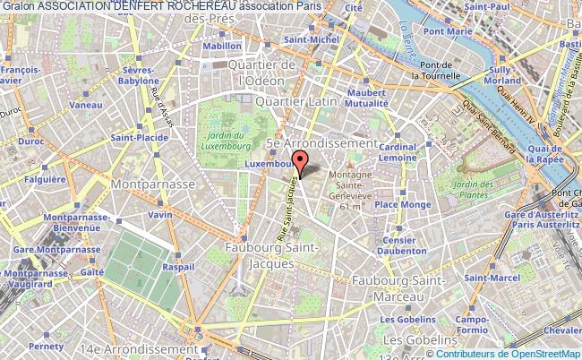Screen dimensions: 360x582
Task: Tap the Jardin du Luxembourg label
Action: [224, 140]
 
